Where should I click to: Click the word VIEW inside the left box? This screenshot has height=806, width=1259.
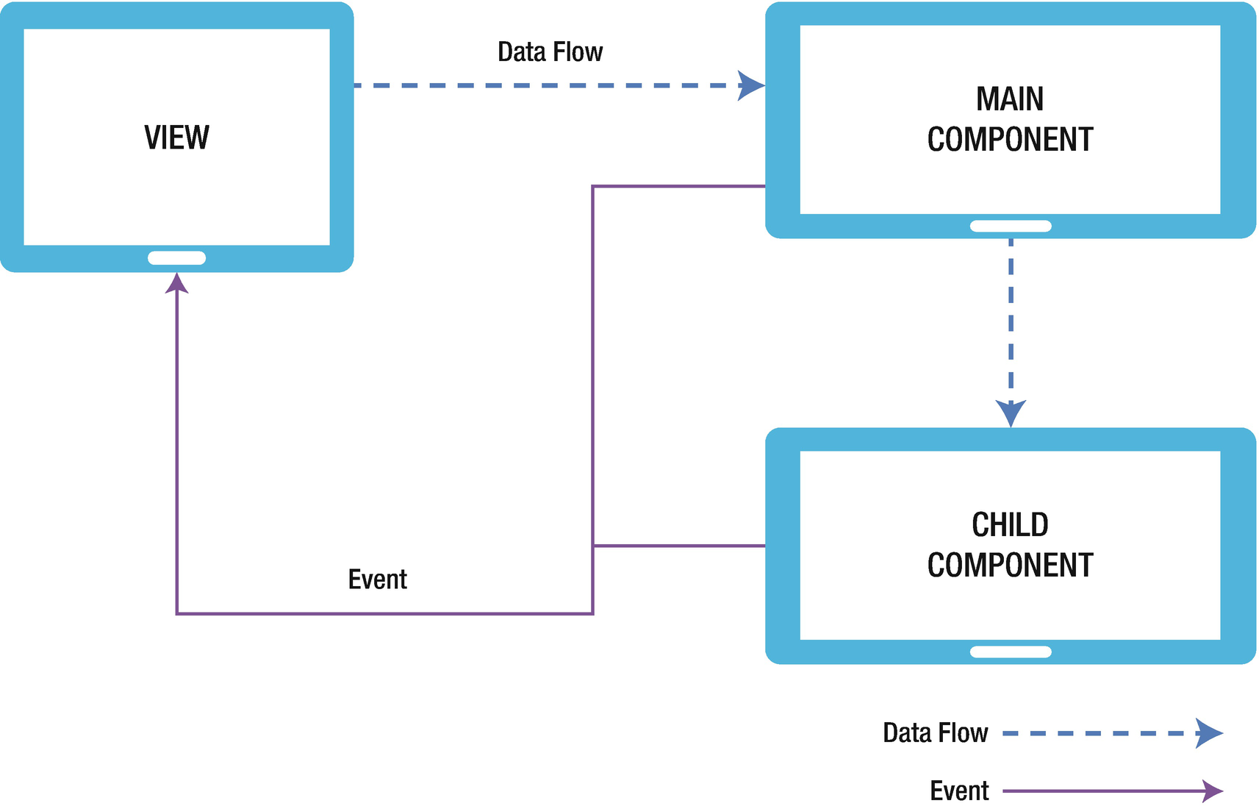176,138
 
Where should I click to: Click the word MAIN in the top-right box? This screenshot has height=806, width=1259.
1009,99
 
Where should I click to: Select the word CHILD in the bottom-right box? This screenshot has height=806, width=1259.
1009,525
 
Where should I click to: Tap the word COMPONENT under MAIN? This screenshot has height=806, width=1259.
1009,140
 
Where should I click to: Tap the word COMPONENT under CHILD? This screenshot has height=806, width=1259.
1009,566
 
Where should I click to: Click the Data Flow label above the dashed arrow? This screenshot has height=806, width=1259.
550,52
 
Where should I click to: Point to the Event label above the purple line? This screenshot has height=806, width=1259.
377,579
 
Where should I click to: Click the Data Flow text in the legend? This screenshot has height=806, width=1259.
935,733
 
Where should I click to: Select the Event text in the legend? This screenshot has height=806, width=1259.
959,791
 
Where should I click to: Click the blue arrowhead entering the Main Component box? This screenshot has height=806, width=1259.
751,85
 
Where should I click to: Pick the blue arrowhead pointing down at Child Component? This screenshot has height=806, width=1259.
1011,413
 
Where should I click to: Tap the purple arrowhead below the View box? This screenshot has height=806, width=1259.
176,284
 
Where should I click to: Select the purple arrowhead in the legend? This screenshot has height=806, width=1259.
1213,791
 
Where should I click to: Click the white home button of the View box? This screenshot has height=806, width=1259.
176,258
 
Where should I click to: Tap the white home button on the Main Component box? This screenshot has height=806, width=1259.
1011,227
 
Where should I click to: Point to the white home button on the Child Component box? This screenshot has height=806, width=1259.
1011,652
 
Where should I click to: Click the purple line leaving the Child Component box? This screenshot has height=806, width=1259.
680,546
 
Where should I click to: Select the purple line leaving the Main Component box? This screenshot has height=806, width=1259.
680,186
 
